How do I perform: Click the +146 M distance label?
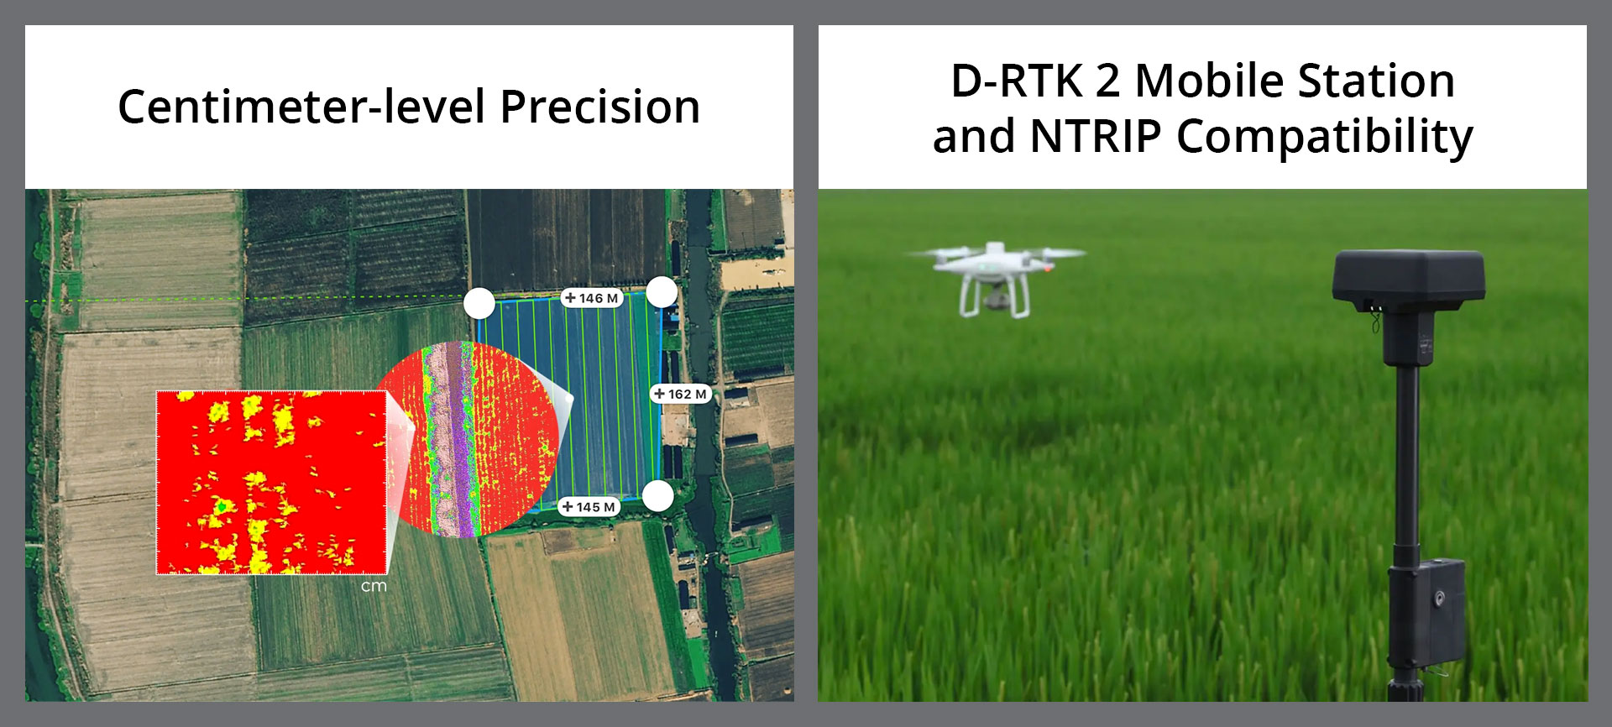592,298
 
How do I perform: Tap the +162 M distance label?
681,394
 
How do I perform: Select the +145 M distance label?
589,507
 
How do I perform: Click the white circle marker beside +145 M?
658,496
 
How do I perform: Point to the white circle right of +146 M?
662,292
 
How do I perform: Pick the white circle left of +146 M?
479,303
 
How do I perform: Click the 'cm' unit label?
374,586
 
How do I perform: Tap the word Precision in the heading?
599,107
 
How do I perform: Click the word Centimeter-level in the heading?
301,107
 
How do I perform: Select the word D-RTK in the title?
1017,81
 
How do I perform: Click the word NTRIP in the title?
1096,136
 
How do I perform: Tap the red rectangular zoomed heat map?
271,483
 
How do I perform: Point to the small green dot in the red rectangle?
221,506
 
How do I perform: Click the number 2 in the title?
1107,81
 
